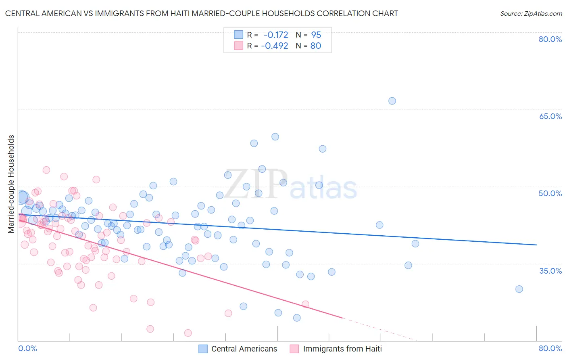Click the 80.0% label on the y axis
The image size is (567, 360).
[x=550, y=39]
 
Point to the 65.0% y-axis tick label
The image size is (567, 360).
[x=550, y=116]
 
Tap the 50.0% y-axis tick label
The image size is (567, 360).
[x=550, y=193]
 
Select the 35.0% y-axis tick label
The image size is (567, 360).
[x=550, y=271]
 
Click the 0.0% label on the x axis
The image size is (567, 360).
[x=27, y=348]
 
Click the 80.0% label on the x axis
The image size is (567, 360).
[x=550, y=348]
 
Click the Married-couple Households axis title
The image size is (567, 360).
[x=11, y=184]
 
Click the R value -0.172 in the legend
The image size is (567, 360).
[x=276, y=35]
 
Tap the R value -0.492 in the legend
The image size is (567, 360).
[x=275, y=46]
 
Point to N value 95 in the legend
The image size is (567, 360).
[x=316, y=35]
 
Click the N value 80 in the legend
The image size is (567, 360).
[x=316, y=46]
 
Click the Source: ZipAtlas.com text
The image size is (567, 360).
[x=531, y=13]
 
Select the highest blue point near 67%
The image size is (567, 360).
[x=392, y=101]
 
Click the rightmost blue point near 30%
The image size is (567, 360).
[x=519, y=289]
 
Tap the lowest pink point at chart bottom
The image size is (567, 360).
[x=188, y=333]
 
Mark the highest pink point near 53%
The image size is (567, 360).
[x=46, y=170]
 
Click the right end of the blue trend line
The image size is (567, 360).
[x=536, y=245]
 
